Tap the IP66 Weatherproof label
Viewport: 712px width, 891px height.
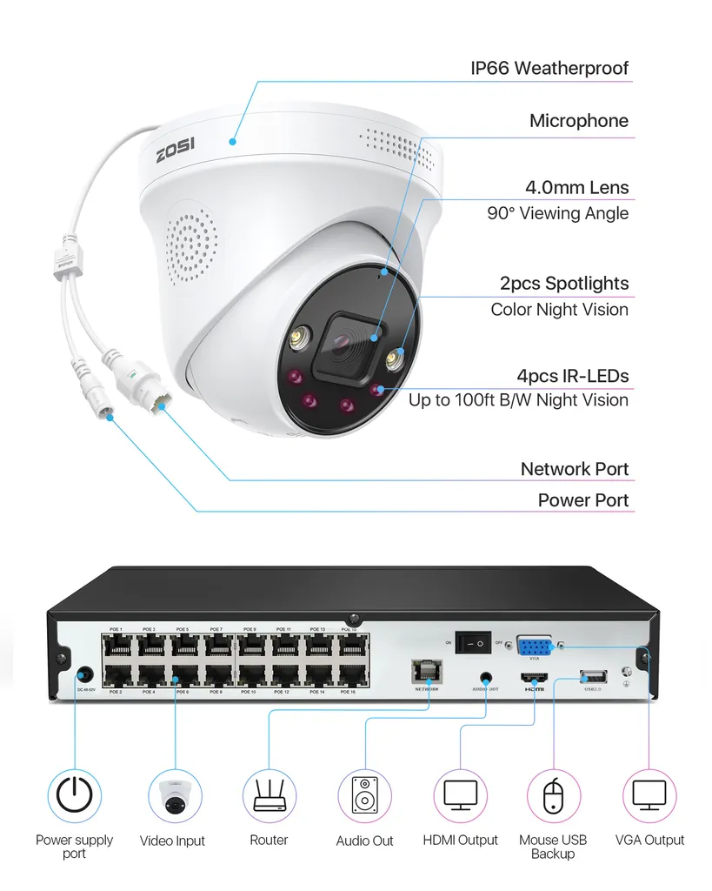(x=549, y=68)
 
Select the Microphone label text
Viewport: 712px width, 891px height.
(x=578, y=121)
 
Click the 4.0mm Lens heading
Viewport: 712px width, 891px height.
(x=576, y=187)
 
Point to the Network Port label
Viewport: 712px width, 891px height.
(x=574, y=469)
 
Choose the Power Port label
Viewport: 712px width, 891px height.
(x=582, y=500)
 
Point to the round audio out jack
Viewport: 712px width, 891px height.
(x=484, y=676)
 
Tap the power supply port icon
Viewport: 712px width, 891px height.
(x=74, y=795)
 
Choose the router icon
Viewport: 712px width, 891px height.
(x=269, y=795)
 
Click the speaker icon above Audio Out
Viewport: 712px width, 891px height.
(x=365, y=795)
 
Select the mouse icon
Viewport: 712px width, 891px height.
(x=553, y=795)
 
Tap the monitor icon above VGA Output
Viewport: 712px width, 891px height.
(x=649, y=795)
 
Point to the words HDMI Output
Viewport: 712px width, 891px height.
(x=461, y=841)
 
